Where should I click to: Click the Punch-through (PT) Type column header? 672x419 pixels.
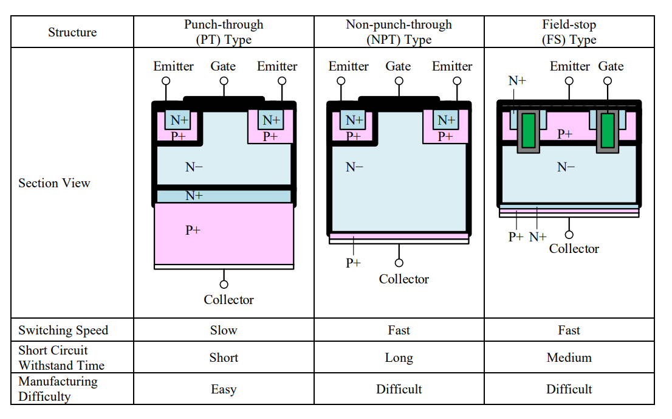pos(224,32)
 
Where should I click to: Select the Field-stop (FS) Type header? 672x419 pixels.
pos(569,32)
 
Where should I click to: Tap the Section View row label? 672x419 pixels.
pos(54,183)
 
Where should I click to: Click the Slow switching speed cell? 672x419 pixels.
pos(224,330)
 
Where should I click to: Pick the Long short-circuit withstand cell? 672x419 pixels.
pos(399,358)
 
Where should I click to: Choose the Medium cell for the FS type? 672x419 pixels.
pos(569,358)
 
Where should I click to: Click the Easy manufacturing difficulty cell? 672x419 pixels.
pos(224,389)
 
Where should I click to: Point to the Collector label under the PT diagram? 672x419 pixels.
pos(228,300)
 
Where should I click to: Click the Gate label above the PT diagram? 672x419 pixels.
pos(223,66)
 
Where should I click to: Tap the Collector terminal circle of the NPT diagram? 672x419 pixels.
pos(399,263)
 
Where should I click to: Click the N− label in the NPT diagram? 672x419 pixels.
pos(354,167)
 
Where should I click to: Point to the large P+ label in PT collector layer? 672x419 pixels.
pos(193,230)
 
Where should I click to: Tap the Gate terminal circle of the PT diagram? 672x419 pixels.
pos(224,80)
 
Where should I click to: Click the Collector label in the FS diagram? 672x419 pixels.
pos(574,249)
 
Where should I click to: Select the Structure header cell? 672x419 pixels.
pos(72,32)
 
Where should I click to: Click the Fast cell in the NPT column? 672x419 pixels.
pos(399,330)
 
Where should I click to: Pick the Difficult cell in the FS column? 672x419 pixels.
pos(569,389)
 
